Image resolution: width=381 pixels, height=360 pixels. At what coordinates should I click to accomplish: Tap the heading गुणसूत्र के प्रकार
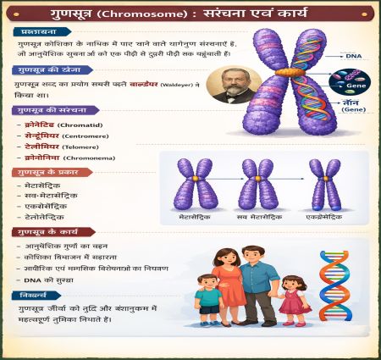pos(49,172)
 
